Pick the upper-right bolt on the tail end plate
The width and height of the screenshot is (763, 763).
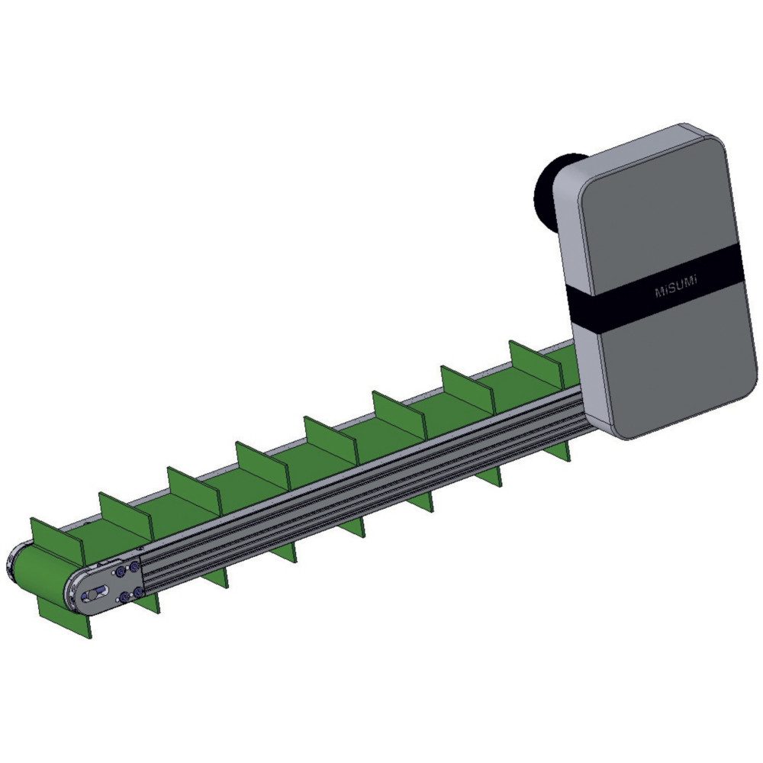click(x=135, y=567)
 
